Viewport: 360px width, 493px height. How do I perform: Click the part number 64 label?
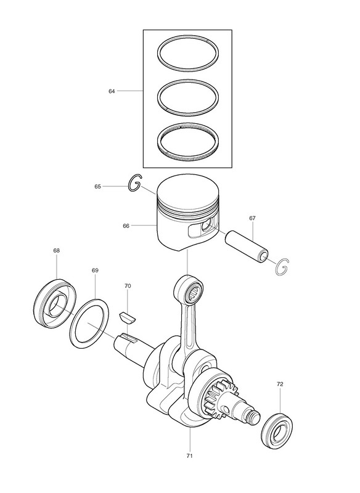point(112,91)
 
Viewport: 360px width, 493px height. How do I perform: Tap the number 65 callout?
point(98,187)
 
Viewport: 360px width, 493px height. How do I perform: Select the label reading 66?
point(126,226)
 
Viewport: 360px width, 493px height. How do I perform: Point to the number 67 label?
point(253,218)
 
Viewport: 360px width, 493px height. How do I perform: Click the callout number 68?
point(57,251)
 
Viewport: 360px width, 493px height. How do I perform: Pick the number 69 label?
point(95,271)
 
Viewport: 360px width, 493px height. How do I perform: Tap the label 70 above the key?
point(128,286)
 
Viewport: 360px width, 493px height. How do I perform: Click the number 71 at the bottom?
point(189,455)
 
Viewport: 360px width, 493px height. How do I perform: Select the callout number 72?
point(280,384)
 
